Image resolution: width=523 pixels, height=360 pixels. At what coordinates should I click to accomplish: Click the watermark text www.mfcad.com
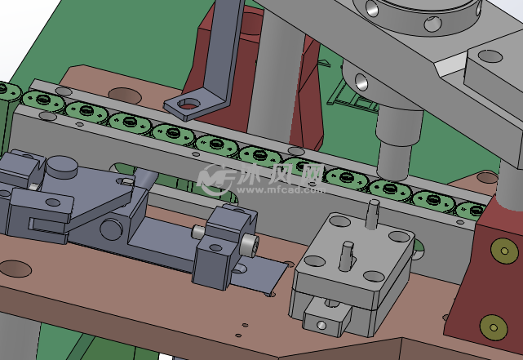click(281, 190)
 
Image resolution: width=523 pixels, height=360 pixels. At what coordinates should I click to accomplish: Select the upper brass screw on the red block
click(504, 251)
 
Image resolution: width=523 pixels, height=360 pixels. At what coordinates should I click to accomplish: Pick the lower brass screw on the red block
click(494, 327)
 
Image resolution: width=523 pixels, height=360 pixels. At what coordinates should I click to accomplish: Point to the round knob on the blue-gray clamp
click(62, 167)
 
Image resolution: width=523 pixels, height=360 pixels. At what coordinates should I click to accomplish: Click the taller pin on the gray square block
click(372, 214)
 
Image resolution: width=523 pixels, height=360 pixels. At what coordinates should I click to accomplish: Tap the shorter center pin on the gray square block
click(347, 256)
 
